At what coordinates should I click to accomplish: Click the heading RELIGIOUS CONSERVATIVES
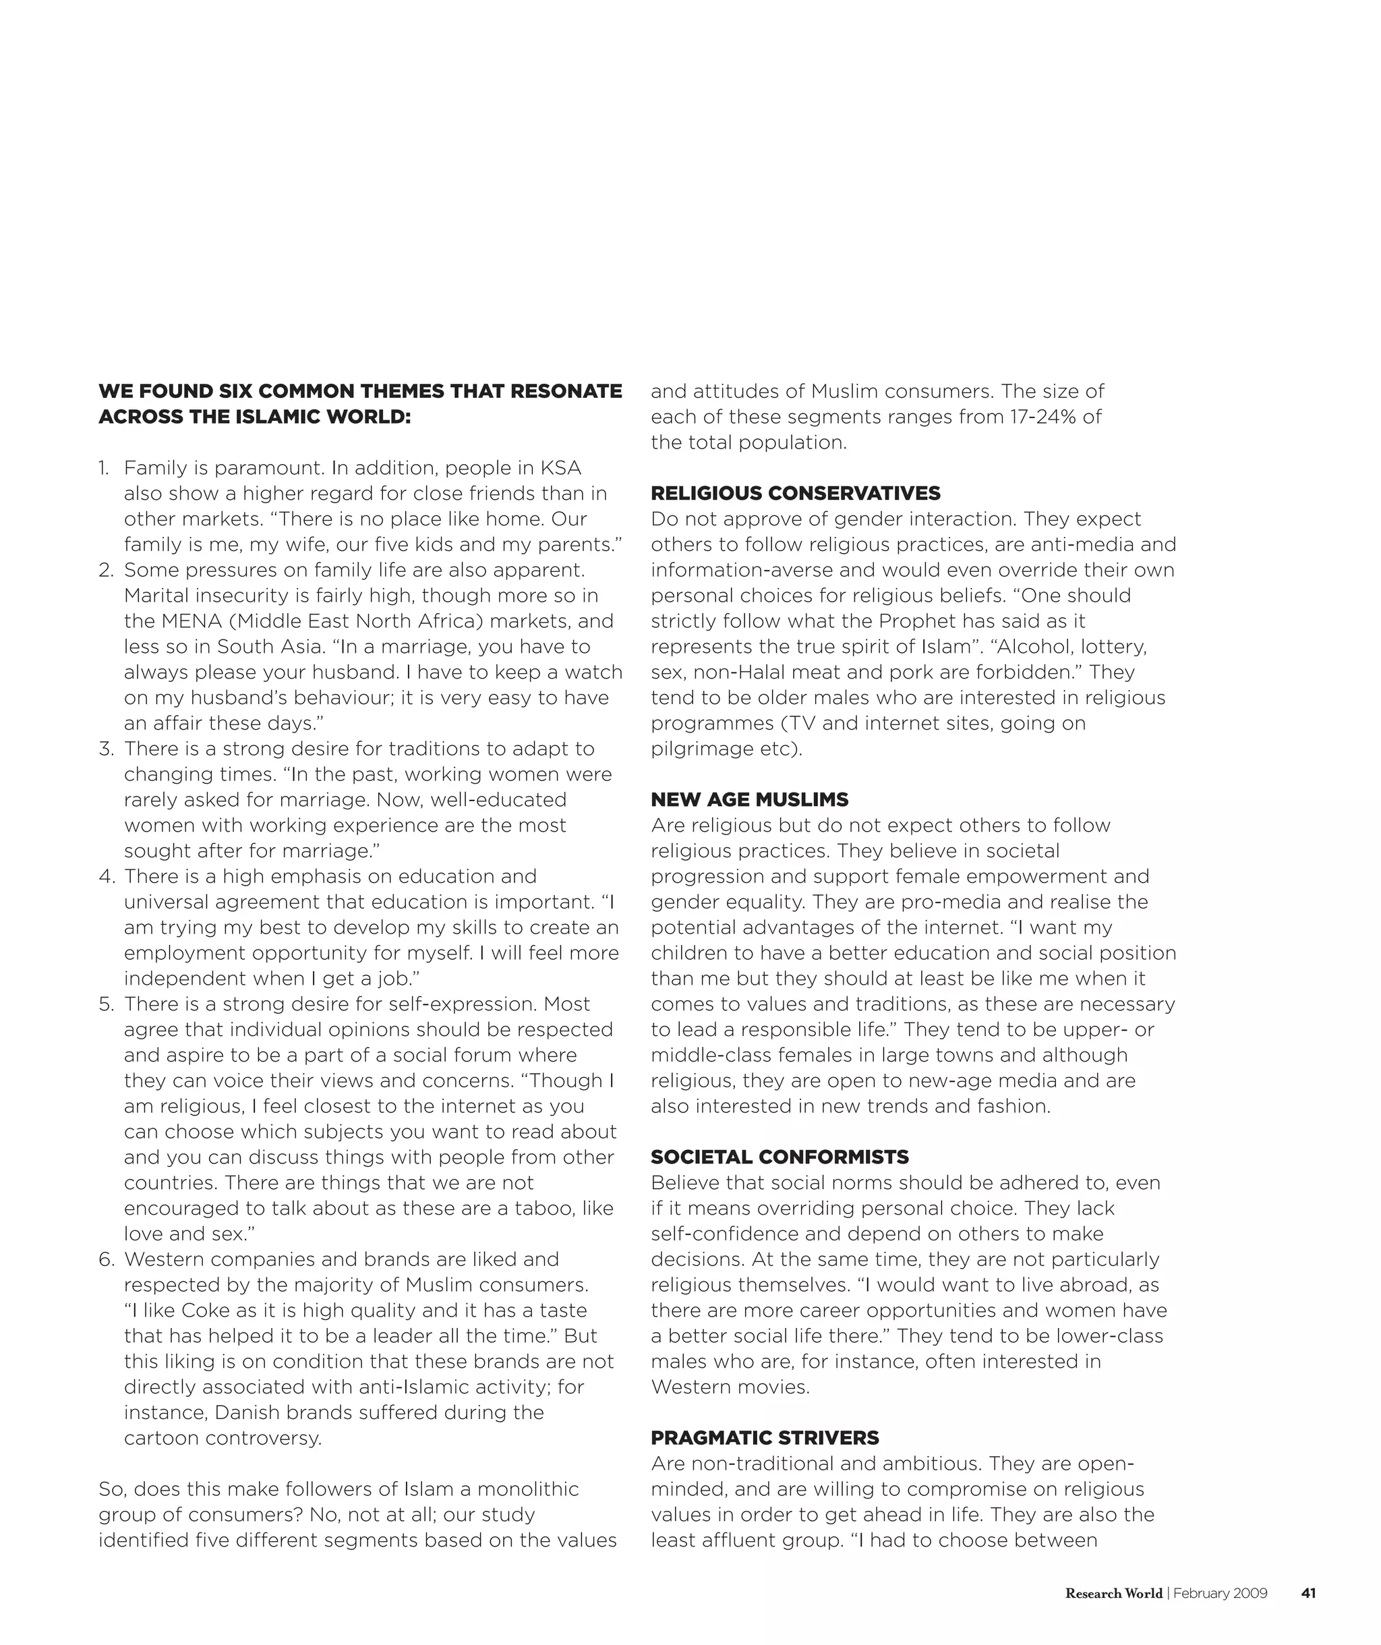(x=795, y=494)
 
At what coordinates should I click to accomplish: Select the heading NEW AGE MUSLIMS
(x=749, y=800)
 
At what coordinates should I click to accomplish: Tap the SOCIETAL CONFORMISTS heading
(x=780, y=1157)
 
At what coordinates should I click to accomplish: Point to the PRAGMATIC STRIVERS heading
(x=765, y=1438)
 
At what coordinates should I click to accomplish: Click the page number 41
(x=1308, y=1593)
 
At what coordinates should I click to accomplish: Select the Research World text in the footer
(x=1113, y=1593)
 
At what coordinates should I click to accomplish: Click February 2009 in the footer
(x=1220, y=1593)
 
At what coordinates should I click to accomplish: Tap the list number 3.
(x=106, y=749)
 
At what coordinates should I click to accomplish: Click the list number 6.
(x=107, y=1260)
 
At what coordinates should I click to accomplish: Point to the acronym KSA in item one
(x=561, y=469)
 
